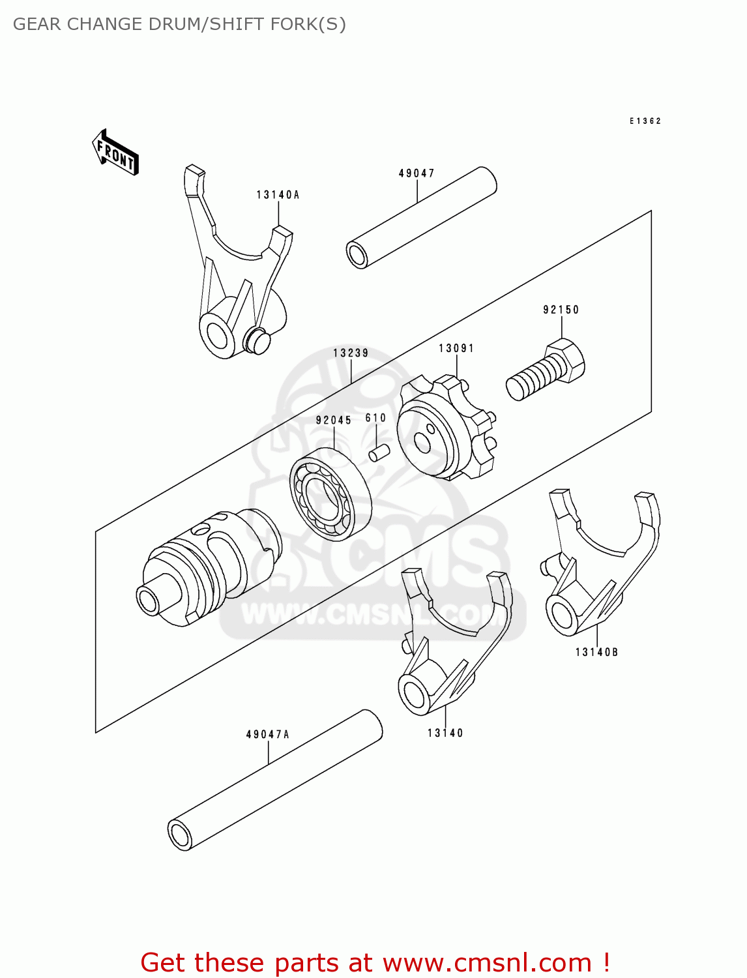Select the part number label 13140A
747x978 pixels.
point(278,195)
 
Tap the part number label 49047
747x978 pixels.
point(417,173)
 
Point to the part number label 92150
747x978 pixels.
point(561,310)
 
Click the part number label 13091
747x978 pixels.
point(456,349)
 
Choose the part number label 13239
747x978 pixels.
point(351,353)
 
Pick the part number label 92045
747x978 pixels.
point(334,421)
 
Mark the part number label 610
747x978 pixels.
point(375,418)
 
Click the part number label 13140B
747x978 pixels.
point(596,652)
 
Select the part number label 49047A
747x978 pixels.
point(268,735)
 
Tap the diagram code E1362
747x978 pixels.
point(645,121)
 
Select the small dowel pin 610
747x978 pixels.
point(379,452)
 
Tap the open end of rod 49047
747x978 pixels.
point(357,255)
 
